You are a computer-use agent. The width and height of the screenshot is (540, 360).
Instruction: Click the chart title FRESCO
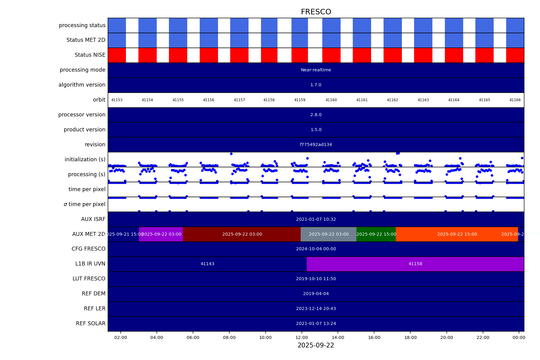(316, 12)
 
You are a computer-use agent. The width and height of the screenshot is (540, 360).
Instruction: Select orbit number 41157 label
(239, 100)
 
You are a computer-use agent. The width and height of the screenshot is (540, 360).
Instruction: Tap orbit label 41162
(392, 100)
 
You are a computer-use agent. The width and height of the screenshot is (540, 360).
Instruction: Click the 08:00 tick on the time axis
(229, 337)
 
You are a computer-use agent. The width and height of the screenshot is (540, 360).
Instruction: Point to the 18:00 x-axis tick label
(410, 337)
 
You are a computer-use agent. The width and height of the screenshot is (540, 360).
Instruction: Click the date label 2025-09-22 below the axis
(316, 345)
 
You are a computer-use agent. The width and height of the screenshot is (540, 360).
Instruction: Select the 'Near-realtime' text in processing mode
(316, 70)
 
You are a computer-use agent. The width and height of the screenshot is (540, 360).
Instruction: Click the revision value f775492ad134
(316, 145)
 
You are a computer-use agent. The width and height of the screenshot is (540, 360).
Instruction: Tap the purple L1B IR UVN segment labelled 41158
(415, 264)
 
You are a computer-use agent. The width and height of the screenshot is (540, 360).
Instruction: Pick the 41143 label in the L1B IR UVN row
(207, 264)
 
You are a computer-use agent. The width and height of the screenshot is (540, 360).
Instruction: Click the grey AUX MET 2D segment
(328, 234)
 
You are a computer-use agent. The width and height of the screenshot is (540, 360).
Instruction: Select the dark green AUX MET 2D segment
(376, 234)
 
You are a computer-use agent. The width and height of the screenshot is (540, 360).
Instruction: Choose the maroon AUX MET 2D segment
(242, 234)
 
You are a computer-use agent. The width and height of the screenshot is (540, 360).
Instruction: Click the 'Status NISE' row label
(90, 55)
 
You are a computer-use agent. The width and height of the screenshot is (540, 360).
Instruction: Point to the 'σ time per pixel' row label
(84, 204)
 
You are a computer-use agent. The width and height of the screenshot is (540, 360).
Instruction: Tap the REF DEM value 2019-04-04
(316, 294)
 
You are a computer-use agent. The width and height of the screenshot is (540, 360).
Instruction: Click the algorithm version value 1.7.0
(316, 85)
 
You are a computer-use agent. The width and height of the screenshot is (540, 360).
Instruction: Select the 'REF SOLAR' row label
(91, 323)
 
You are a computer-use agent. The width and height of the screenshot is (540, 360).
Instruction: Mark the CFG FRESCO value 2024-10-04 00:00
(316, 249)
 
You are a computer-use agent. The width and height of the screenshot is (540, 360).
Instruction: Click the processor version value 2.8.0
(316, 115)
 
